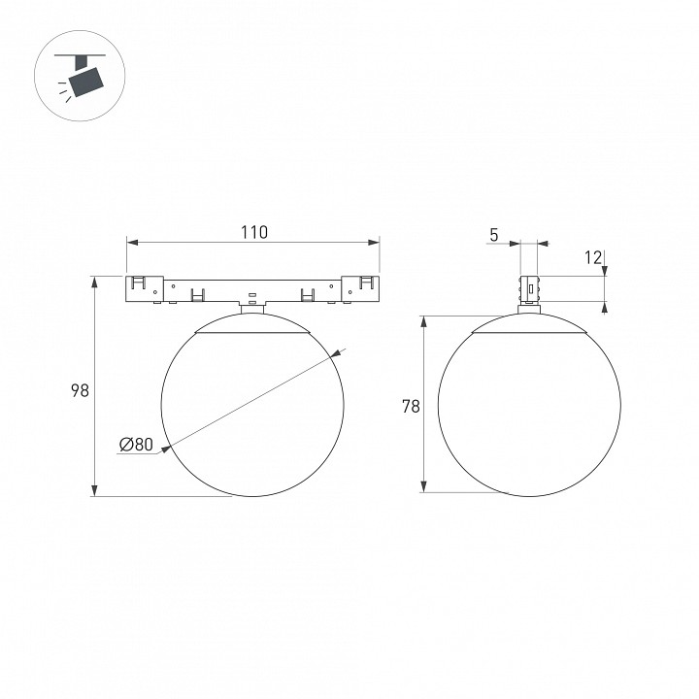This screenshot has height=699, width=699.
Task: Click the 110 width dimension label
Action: coord(254,232)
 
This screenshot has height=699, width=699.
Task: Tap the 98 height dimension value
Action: coord(81,390)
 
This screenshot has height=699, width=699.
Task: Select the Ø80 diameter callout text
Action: coord(137,444)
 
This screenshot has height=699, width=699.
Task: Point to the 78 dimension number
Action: coord(411,406)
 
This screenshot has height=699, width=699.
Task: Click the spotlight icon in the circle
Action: coord(81,76)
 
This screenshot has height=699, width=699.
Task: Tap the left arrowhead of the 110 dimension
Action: coord(133,242)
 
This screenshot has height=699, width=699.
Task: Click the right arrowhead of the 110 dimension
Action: coord(373,242)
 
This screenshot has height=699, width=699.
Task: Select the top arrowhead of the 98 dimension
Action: coord(94,283)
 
